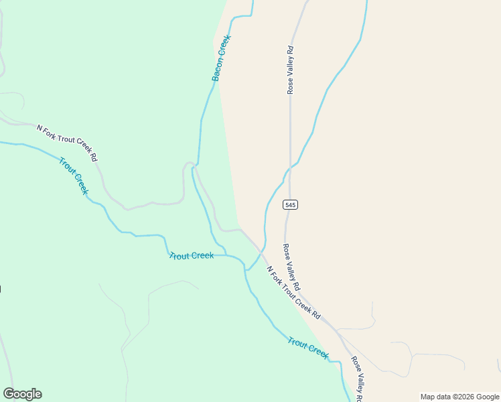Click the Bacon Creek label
pyautogui.click(x=221, y=58)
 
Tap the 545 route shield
pyautogui.click(x=290, y=204)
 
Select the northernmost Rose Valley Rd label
pyautogui.click(x=290, y=69)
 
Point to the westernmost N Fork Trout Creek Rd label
pyautogui.click(x=67, y=143)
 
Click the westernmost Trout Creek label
pyautogui.click(x=73, y=176)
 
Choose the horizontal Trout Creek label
pyautogui.click(x=192, y=256)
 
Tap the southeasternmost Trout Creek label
pyautogui.click(x=308, y=348)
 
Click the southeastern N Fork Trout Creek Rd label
pyautogui.click(x=293, y=293)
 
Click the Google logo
pyautogui.click(x=22, y=394)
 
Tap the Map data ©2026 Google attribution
pyautogui.click(x=460, y=397)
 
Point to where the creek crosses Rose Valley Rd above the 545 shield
pyautogui.click(x=290, y=166)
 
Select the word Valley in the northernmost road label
pyautogui.click(x=290, y=69)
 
